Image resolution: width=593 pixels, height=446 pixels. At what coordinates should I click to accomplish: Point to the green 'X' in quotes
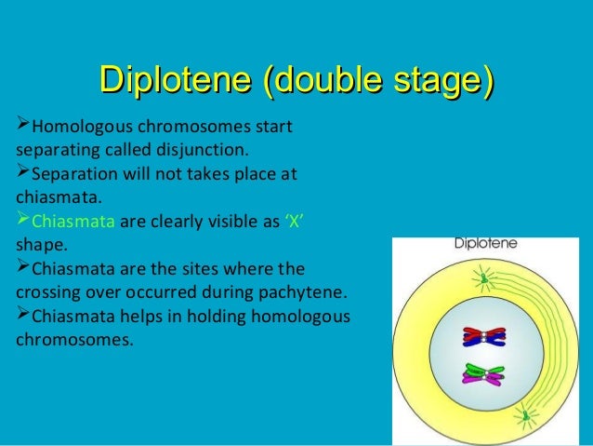[293, 222]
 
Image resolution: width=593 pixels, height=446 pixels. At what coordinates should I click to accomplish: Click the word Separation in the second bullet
[74, 173]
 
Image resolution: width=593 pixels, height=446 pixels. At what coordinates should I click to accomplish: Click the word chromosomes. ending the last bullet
[74, 341]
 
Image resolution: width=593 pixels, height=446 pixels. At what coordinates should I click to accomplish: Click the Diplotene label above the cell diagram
[485, 247]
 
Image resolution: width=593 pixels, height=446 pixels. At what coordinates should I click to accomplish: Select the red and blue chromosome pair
[481, 339]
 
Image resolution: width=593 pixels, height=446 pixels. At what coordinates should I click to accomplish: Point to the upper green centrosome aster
[483, 276]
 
